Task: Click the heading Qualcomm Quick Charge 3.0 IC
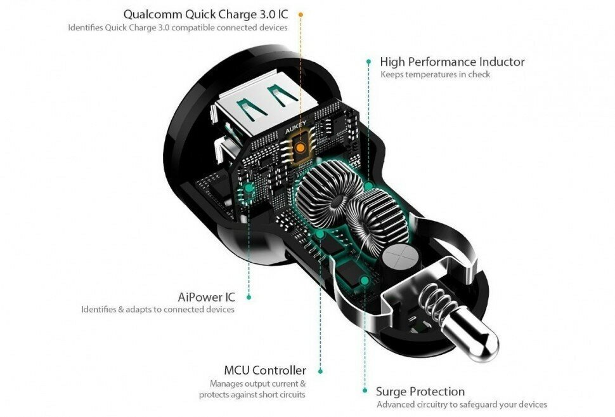206,14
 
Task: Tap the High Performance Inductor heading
452,62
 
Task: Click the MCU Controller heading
265,370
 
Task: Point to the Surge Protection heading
420,391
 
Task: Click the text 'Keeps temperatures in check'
435,74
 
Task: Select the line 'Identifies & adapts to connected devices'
158,309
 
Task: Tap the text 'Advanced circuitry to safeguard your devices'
462,404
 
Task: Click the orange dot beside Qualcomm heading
301,14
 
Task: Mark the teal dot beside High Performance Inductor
368,62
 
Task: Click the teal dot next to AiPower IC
249,296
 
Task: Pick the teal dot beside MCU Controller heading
320,371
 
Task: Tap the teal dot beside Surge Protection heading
365,391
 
